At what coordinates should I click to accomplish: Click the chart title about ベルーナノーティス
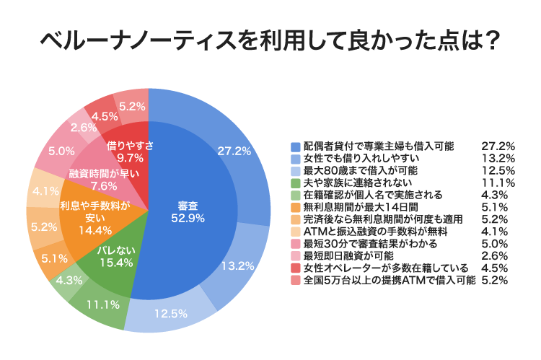[x=270, y=42]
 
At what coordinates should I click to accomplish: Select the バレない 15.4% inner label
[x=114, y=255]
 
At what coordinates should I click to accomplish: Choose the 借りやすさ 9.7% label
[x=130, y=151]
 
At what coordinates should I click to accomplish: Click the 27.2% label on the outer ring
[x=234, y=151]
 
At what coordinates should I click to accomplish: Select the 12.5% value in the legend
[x=497, y=170]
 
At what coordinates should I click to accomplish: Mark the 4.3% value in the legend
[x=497, y=195]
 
